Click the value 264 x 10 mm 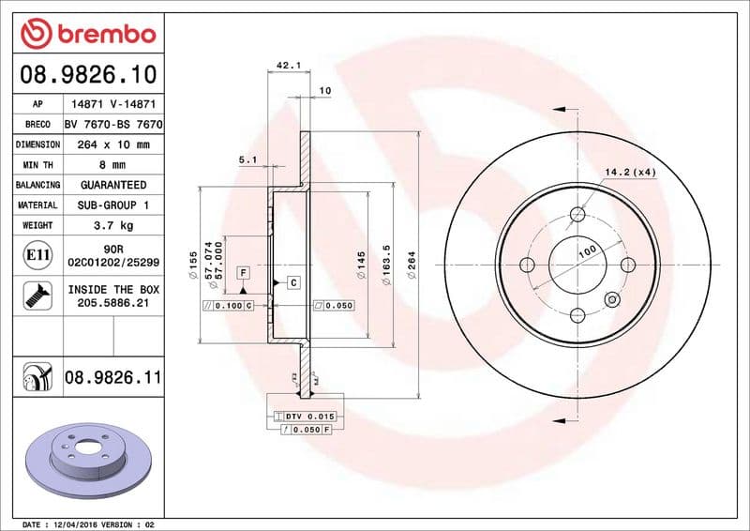[x=112, y=144]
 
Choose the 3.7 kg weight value [x=112, y=225]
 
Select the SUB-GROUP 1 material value [x=112, y=205]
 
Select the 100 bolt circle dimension [x=587, y=251]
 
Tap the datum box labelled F [x=242, y=272]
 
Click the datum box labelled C [x=293, y=282]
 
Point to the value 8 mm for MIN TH [x=112, y=164]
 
